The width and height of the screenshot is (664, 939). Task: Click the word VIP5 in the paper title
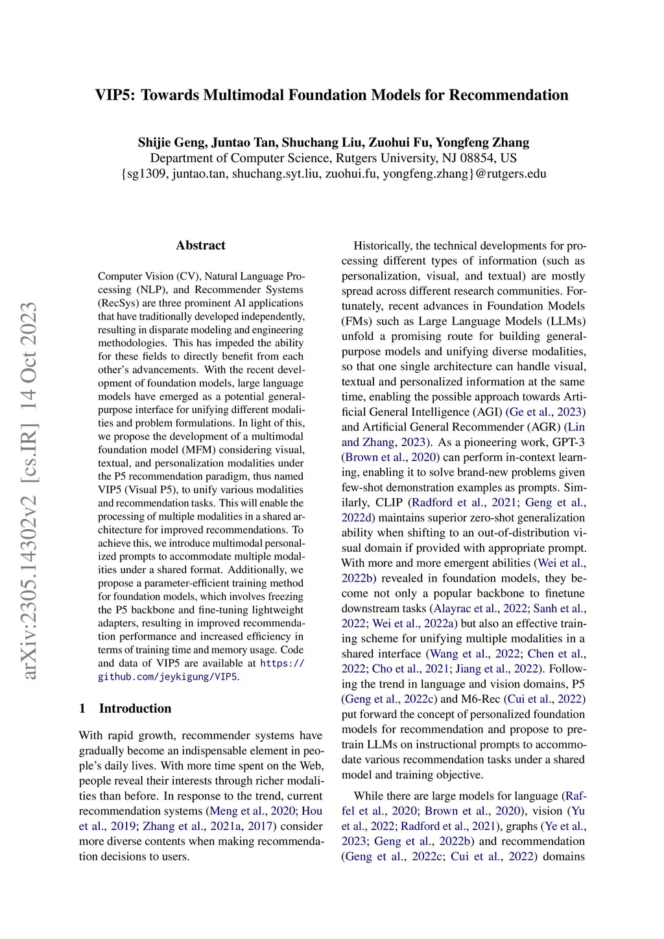click(x=115, y=95)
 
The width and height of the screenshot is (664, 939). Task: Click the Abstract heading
click(x=200, y=245)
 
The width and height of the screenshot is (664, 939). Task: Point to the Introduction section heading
click(x=135, y=708)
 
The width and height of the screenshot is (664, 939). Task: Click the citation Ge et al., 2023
click(x=546, y=412)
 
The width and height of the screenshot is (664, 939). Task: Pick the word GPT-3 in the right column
click(x=569, y=442)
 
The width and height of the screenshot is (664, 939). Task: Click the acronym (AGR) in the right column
click(x=543, y=427)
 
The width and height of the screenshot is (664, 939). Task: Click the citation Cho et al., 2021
click(x=396, y=669)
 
